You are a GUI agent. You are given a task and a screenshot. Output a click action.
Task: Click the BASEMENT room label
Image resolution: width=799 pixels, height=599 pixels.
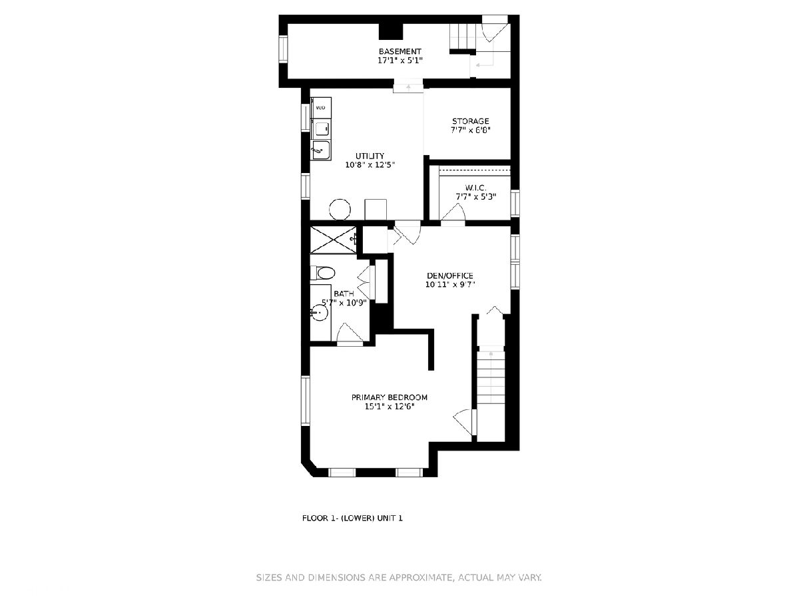[400, 52]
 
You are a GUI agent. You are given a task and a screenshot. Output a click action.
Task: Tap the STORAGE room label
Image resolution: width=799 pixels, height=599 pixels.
[470, 121]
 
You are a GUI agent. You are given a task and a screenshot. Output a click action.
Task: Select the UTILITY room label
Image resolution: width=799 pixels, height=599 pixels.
[370, 156]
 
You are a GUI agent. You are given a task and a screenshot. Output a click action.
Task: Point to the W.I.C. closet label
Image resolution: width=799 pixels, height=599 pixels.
[476, 188]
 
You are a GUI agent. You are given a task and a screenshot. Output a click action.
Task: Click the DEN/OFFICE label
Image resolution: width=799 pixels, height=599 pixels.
[450, 276]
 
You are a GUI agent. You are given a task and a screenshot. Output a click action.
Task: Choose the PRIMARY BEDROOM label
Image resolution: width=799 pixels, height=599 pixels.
[389, 397]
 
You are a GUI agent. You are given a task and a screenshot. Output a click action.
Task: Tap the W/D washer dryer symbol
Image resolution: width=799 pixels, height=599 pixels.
[321, 108]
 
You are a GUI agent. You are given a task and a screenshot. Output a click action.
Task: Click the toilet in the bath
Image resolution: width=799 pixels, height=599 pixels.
[322, 273]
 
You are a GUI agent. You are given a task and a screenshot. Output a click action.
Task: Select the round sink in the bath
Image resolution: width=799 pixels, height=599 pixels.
[320, 312]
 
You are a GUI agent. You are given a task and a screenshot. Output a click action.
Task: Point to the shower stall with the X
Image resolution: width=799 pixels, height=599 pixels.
[333, 240]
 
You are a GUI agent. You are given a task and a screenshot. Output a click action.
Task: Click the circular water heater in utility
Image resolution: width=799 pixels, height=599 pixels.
[340, 210]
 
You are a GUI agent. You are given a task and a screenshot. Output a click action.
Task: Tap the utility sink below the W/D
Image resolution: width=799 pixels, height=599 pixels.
[321, 150]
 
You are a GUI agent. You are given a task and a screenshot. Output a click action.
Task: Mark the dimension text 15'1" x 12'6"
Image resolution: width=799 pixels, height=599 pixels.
[390, 407]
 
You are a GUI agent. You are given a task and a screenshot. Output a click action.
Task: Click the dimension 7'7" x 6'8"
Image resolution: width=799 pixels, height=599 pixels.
[471, 130]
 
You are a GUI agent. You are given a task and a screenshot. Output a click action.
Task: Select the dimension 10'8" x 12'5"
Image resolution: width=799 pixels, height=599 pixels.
[370, 165]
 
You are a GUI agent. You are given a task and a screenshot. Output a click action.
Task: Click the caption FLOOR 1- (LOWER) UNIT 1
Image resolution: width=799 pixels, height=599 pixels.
[352, 518]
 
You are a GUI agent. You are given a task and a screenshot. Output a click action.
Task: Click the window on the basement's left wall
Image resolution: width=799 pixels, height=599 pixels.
[283, 49]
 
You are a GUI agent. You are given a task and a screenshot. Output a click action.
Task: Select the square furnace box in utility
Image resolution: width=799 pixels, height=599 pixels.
[376, 210]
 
